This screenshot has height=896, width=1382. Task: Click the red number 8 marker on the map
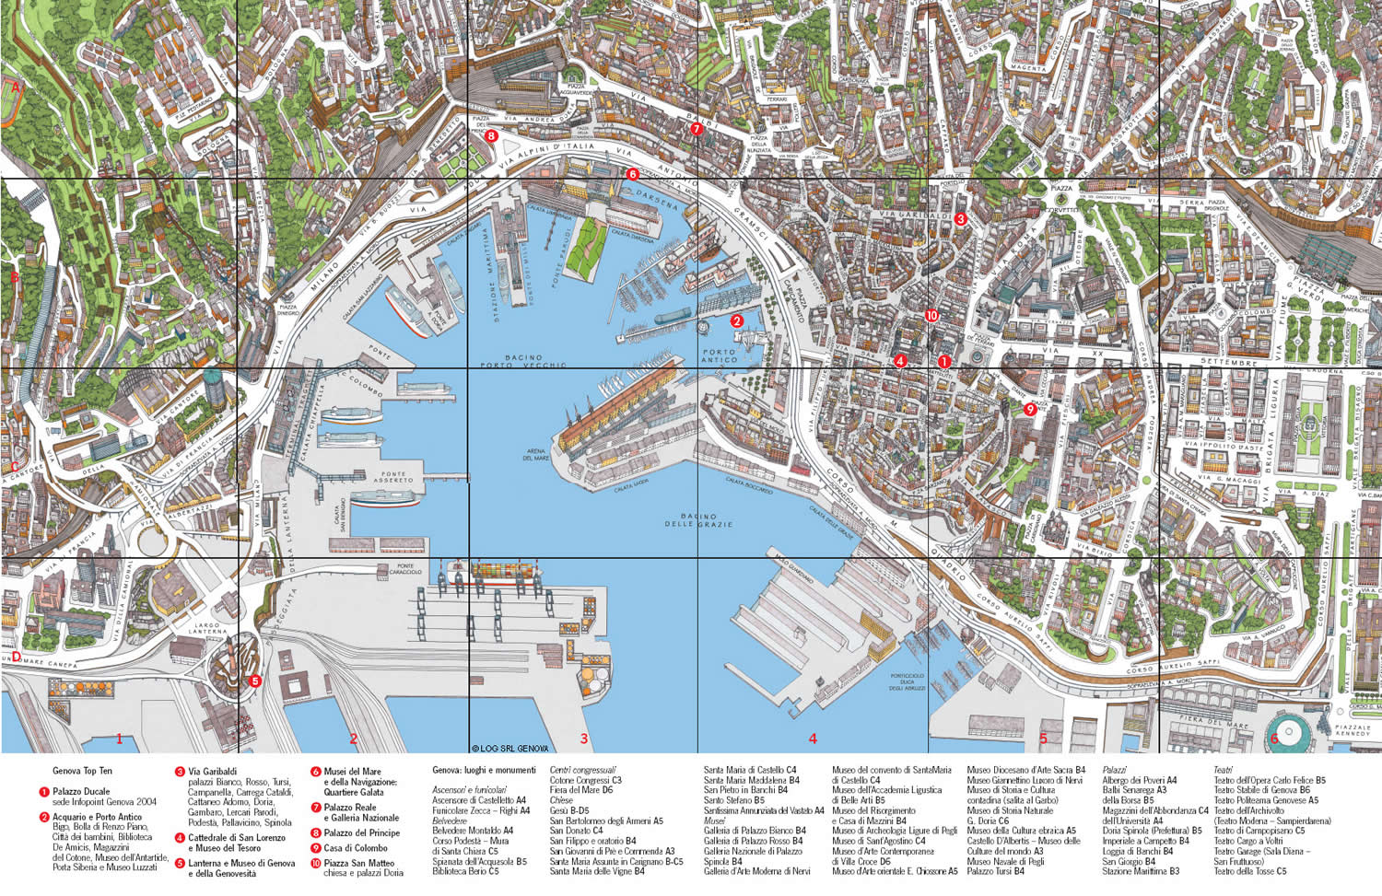491,135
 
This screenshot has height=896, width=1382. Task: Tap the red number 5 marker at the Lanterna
255,681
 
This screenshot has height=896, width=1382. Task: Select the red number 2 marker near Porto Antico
737,321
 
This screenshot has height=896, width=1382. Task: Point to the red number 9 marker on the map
1029,410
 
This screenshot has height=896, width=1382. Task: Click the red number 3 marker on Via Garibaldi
960,219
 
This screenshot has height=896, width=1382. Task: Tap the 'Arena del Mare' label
536,454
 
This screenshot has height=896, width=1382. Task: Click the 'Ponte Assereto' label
393,477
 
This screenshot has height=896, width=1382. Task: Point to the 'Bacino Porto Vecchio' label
523,361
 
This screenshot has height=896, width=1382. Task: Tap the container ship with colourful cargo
502,571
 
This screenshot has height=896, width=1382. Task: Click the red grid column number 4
813,739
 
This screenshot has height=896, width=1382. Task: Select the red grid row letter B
15,276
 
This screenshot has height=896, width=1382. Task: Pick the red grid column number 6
1274,739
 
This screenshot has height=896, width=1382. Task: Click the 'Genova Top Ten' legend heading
82,771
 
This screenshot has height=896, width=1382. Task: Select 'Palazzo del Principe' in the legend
361,832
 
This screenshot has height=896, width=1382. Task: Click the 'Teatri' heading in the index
1223,770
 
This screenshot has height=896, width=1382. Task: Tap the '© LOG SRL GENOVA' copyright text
509,749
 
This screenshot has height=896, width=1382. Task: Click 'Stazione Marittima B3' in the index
1141,871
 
